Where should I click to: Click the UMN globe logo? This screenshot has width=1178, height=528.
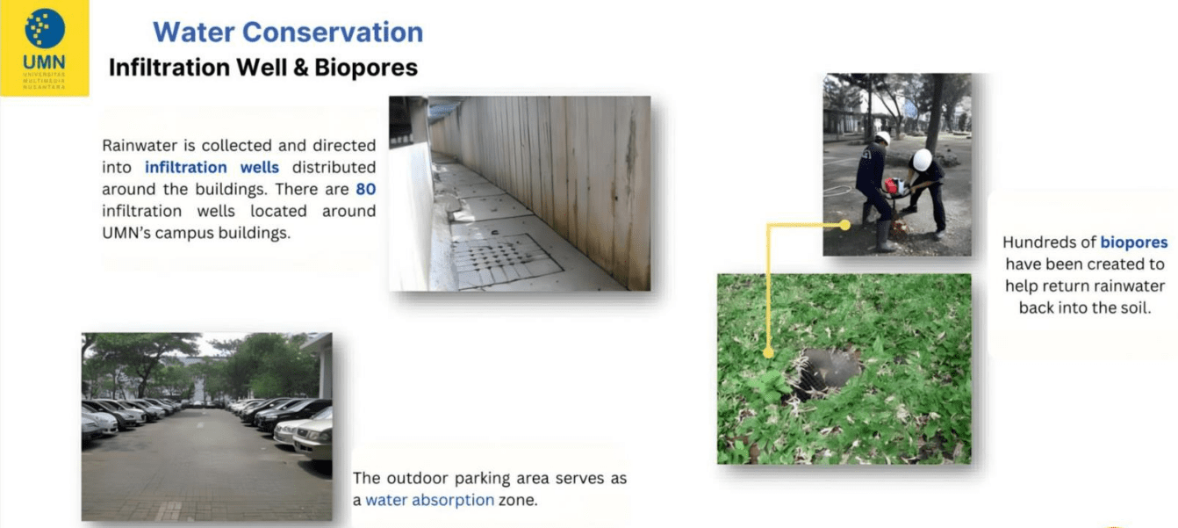(x=45, y=28)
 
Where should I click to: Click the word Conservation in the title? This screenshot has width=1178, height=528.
(x=333, y=33)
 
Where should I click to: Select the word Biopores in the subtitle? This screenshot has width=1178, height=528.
(x=366, y=68)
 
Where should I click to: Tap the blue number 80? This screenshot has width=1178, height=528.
(x=365, y=189)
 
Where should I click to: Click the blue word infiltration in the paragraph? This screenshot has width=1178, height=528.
(x=185, y=168)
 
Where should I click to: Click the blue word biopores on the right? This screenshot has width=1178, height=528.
(x=1134, y=242)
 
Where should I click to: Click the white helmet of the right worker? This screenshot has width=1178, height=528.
(x=923, y=160)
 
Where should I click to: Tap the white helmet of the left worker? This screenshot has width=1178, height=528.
(x=883, y=137)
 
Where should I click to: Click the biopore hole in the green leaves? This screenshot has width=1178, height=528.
(x=824, y=371)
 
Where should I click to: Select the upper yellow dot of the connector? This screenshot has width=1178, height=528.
(x=844, y=225)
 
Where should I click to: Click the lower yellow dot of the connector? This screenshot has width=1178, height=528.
(x=768, y=352)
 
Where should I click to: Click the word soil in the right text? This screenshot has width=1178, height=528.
(x=1135, y=308)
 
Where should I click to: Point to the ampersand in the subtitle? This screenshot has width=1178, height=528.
(x=298, y=68)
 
